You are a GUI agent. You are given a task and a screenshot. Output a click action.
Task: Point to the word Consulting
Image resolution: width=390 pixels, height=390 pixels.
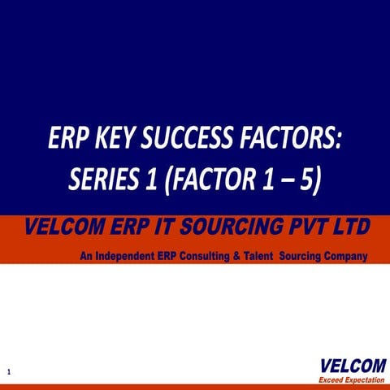click(x=213, y=257)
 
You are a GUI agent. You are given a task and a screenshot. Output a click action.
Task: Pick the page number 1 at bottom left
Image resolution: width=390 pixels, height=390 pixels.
click(x=8, y=371)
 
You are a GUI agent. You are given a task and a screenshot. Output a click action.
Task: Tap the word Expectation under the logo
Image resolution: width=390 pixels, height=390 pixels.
click(x=363, y=379)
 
